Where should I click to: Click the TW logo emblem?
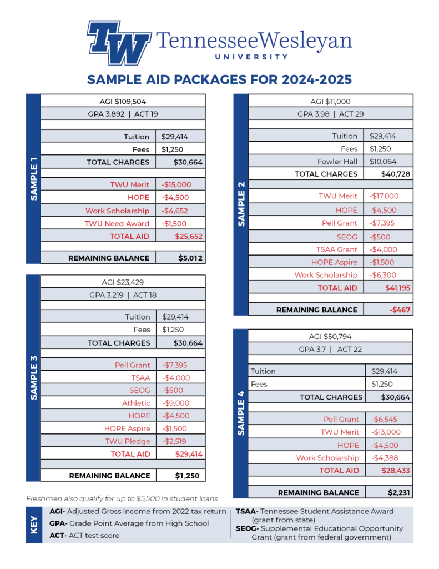pyautogui.click(x=119, y=42)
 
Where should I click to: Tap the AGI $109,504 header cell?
pyautogui.click(x=123, y=101)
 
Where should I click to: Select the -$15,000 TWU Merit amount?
pyautogui.click(x=176, y=184)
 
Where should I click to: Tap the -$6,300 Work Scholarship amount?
pyautogui.click(x=384, y=275)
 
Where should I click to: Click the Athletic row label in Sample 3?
pyautogui.click(x=136, y=403)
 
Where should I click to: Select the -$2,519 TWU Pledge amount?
pyautogui.click(x=176, y=441)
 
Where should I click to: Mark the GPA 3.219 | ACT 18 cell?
pyautogui.click(x=123, y=295)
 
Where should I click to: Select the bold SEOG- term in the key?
pyautogui.click(x=246, y=528)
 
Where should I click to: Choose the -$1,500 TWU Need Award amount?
pyautogui.click(x=175, y=223)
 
